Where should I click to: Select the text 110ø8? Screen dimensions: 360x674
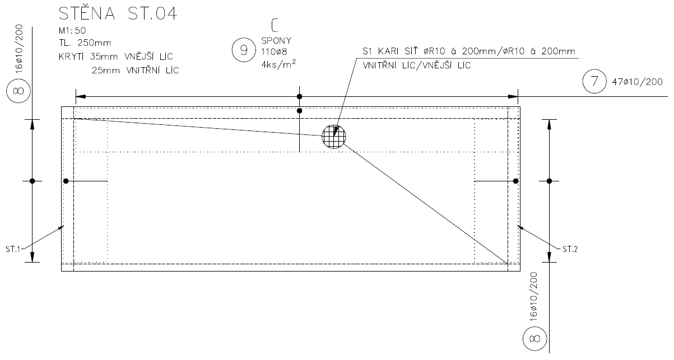coord(273,52)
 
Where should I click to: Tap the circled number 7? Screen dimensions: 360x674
coord(594,82)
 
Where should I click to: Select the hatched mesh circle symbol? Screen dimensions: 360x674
coord(334,137)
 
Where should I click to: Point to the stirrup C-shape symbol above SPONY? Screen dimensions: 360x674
coord(274,25)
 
